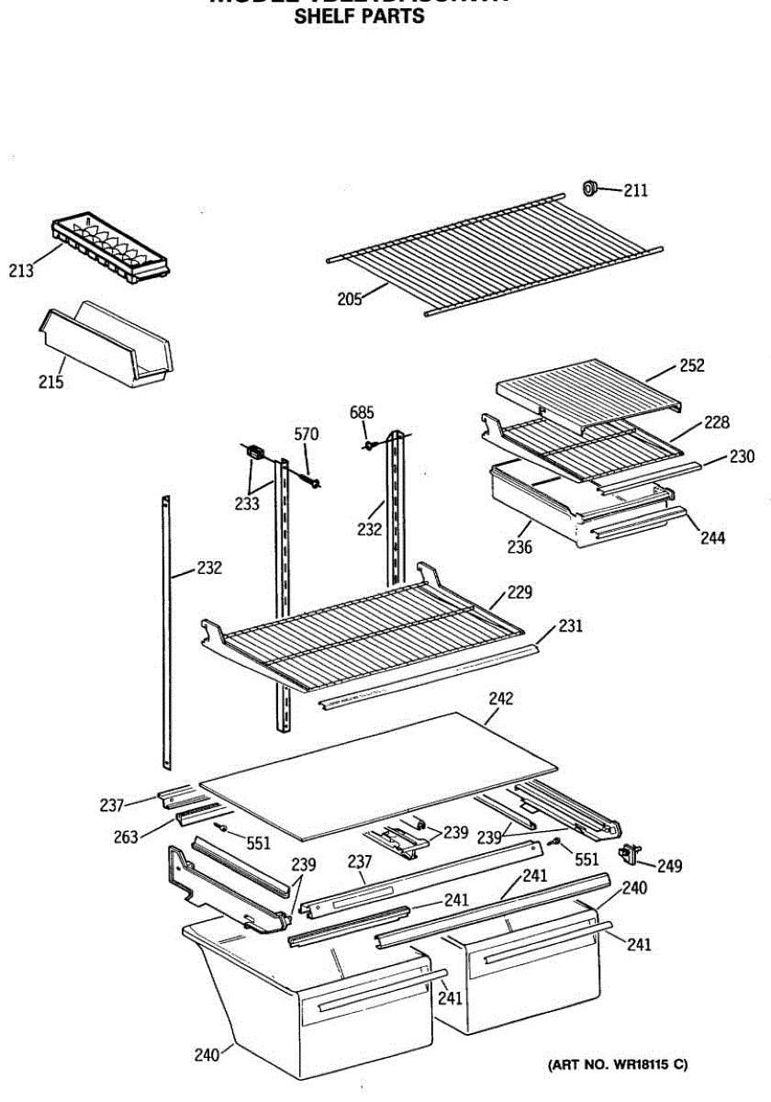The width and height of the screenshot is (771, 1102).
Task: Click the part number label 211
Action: [636, 191]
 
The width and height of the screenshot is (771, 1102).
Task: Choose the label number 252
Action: [692, 365]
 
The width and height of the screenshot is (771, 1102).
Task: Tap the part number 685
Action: [362, 412]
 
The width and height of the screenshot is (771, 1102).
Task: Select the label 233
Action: [246, 503]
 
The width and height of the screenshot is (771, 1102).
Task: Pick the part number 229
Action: [520, 592]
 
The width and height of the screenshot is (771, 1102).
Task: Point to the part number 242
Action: [500, 699]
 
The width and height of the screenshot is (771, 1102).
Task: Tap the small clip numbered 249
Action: [630, 854]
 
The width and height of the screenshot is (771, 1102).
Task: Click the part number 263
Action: [127, 836]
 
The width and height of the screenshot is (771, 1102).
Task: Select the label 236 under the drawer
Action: [520, 548]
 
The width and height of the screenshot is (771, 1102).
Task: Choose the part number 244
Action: [711, 538]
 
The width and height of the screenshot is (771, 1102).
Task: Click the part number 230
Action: [742, 455]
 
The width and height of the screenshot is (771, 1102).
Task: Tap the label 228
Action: [717, 422]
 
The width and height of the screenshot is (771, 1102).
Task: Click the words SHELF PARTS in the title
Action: [359, 17]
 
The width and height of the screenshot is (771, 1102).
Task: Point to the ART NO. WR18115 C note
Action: [618, 1065]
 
